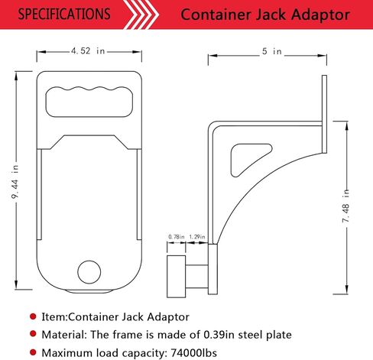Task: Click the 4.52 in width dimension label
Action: [x=88, y=51]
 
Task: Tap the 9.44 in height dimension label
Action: [x=15, y=181]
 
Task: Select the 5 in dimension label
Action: [x=272, y=51]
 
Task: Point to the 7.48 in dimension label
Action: [x=345, y=206]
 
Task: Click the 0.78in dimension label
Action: [x=177, y=237]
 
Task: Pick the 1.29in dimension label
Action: [x=197, y=237]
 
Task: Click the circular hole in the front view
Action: [x=89, y=272]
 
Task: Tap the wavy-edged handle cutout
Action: [x=89, y=102]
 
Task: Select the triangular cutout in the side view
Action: [x=248, y=160]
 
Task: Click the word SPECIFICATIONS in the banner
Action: [x=64, y=14]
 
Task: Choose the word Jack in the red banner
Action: [x=271, y=15]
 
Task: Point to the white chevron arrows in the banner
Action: [x=141, y=15]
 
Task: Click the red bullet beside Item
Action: [x=33, y=316]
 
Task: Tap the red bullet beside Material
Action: [x=33, y=334]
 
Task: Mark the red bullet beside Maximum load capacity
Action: [x=33, y=352]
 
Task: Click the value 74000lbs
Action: [x=194, y=353]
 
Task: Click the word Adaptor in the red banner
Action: [x=320, y=15]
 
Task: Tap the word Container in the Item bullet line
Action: [x=93, y=317]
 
